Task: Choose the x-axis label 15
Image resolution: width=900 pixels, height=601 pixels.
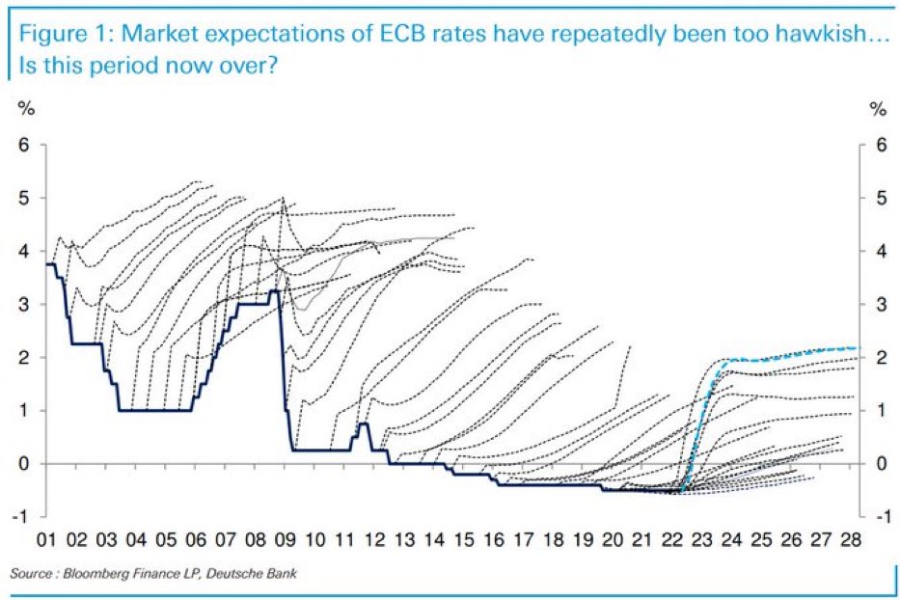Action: (x=465, y=542)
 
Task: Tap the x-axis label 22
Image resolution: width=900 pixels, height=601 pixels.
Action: (x=673, y=542)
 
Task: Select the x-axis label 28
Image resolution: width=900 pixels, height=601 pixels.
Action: (x=851, y=542)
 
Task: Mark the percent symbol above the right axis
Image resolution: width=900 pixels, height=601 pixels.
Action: (x=877, y=109)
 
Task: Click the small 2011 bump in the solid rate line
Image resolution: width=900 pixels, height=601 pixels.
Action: (x=364, y=424)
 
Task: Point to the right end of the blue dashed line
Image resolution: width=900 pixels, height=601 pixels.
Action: (x=857, y=347)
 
